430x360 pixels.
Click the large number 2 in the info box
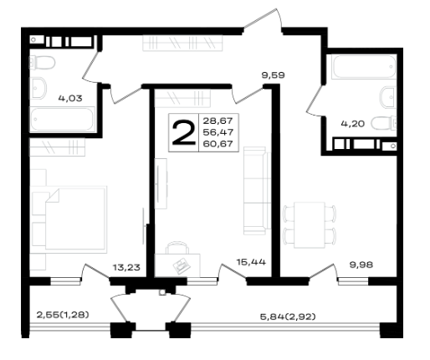pyautogui.click(x=184, y=133)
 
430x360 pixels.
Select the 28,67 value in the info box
pyautogui.click(x=218, y=121)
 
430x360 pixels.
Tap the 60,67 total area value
pyautogui.click(x=218, y=144)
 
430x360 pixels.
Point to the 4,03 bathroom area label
pyautogui.click(x=70, y=98)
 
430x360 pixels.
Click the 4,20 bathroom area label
pyautogui.click(x=353, y=124)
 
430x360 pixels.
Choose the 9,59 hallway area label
pyautogui.click(x=273, y=75)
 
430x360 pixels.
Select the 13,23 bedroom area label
pyautogui.click(x=126, y=267)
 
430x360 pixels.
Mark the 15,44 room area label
pyautogui.click(x=251, y=262)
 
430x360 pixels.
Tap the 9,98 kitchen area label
pyautogui.click(x=361, y=265)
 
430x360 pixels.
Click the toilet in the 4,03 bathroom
pyautogui.click(x=43, y=63)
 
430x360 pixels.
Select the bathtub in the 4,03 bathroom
pyautogui.click(x=63, y=120)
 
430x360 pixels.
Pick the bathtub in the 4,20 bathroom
pyautogui.click(x=364, y=67)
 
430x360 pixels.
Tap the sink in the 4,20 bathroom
pyautogui.click(x=388, y=97)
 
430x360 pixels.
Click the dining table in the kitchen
pyautogui.click(x=310, y=225)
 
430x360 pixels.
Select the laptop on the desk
pyautogui.click(x=182, y=265)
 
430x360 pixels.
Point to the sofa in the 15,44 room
pyautogui.click(x=257, y=191)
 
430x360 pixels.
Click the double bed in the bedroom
pyautogui.click(x=76, y=219)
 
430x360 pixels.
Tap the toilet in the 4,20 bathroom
pyautogui.click(x=384, y=123)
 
